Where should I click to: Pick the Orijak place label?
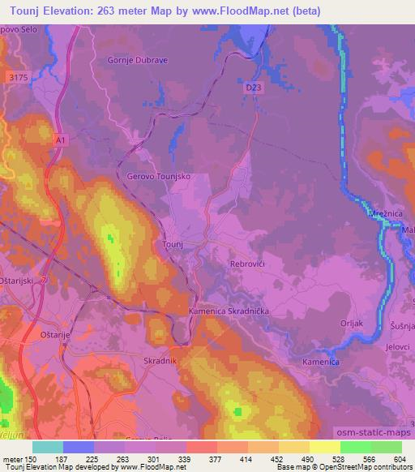[x=351, y=323]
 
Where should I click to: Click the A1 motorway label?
[x=60, y=140]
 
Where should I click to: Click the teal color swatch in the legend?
[x=48, y=446]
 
